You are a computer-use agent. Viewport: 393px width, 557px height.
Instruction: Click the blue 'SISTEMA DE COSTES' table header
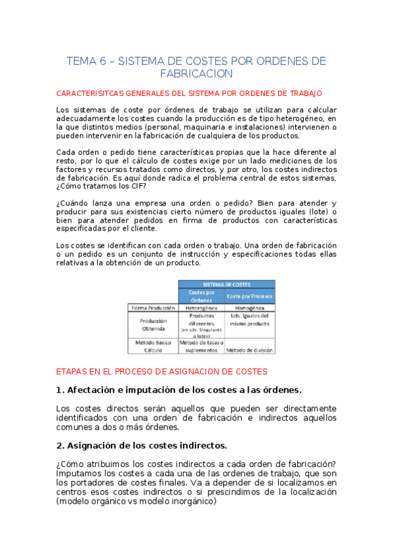pyautogui.click(x=226, y=284)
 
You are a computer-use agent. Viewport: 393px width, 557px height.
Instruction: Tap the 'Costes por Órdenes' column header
pyautogui.click(x=202, y=296)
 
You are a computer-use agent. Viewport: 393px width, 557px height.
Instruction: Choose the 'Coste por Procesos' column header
pyautogui.click(x=250, y=296)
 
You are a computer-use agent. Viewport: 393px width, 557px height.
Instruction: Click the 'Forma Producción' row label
pyautogui.click(x=153, y=307)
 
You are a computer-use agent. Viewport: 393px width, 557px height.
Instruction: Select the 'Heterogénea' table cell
pyautogui.click(x=202, y=307)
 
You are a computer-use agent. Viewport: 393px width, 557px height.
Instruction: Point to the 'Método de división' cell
pyautogui.click(x=250, y=351)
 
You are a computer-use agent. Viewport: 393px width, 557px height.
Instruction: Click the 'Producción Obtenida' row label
pyautogui.click(x=153, y=324)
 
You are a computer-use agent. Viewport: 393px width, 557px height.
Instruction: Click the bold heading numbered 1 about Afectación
pyautogui.click(x=179, y=390)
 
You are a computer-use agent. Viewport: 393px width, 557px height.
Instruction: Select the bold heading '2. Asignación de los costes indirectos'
pyautogui.click(x=142, y=445)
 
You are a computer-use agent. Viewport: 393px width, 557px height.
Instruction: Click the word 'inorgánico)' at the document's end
pyautogui.click(x=193, y=501)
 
